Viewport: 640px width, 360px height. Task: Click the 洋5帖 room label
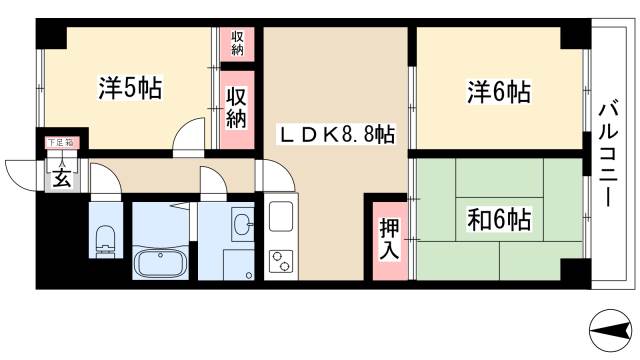(130, 88)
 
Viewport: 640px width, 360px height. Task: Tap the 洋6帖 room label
(498, 92)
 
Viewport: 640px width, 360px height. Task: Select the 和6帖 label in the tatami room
(498, 217)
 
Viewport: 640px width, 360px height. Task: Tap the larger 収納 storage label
(237, 106)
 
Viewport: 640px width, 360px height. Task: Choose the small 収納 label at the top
(237, 43)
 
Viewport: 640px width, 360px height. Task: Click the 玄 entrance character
(61, 179)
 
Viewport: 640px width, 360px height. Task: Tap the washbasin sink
(240, 225)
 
